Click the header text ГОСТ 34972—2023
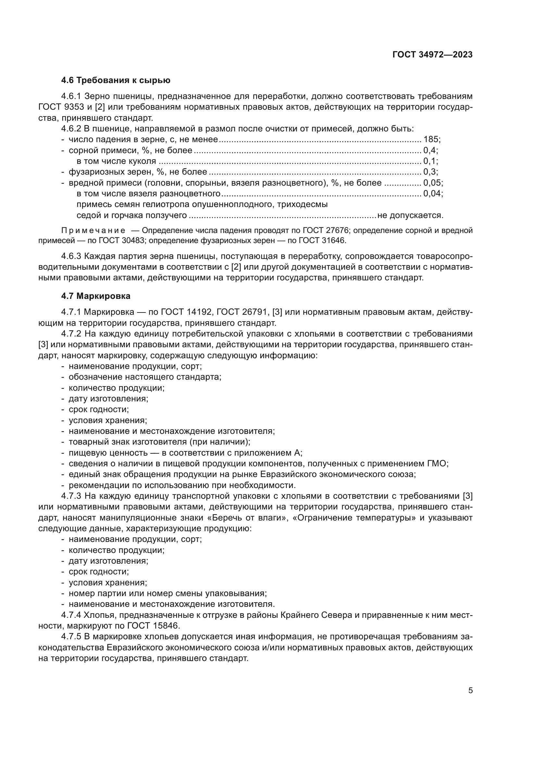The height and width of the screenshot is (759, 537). (432, 55)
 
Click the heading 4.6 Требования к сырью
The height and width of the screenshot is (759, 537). (116, 80)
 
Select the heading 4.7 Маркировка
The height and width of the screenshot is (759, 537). (95, 296)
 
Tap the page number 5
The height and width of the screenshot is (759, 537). (470, 691)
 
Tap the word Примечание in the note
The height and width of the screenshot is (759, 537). (93, 231)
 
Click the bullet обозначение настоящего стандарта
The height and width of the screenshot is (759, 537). (145, 377)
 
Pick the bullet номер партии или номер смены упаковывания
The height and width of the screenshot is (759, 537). (168, 594)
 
